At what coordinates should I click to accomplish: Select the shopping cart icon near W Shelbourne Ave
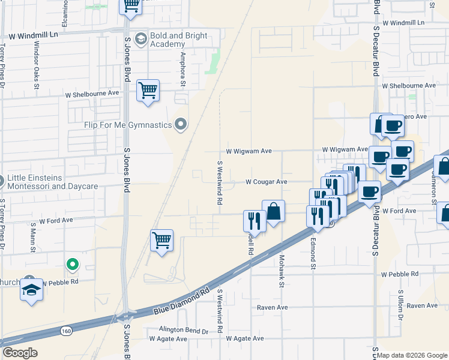[148, 91]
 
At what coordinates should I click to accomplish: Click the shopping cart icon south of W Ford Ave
[161, 241]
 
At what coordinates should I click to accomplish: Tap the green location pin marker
[72, 263]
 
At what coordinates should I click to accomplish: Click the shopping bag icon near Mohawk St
[273, 211]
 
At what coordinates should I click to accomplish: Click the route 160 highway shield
[67, 330]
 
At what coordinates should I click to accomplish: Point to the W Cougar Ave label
[266, 182]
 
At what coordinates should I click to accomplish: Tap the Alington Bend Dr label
[183, 331]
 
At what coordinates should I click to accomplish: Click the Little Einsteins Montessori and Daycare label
[53, 182]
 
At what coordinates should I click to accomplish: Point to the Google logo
[20, 353]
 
